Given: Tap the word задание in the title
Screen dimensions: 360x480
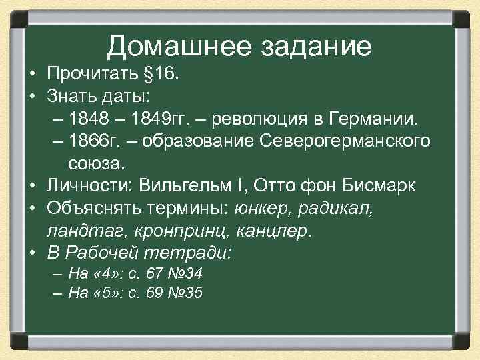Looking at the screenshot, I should pos(315,46).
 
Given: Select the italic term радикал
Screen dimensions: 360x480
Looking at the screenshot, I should pos(339,209).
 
